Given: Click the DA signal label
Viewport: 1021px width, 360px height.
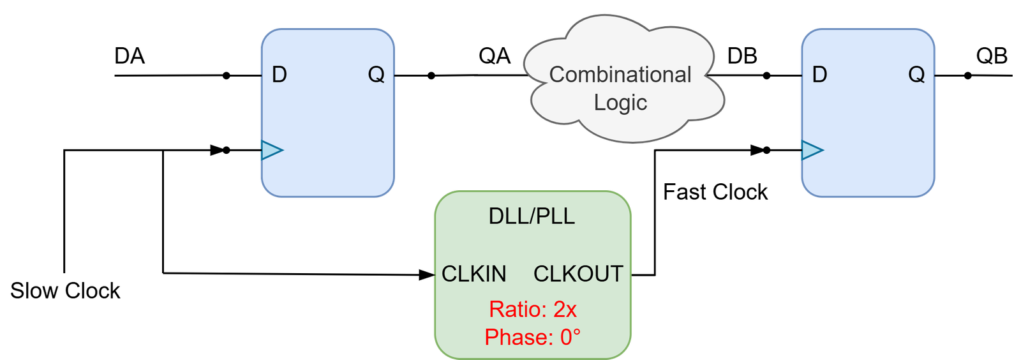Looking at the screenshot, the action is pos(130,56).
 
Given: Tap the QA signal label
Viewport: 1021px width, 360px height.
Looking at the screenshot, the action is pos(495,56).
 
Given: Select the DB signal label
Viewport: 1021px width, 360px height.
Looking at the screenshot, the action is pos(742,56).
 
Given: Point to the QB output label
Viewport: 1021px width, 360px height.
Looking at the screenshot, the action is pos(992,56).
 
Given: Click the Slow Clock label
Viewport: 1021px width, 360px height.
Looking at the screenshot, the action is pos(65,290).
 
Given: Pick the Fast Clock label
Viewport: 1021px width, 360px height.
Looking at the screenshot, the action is pos(715,192).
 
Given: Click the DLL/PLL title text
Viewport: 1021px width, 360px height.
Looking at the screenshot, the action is pos(532,216).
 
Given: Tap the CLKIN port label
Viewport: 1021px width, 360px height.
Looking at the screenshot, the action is pos(474,274).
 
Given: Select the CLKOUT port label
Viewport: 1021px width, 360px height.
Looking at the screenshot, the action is pos(578,274).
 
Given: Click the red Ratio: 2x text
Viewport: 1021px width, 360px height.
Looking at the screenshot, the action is pos(533,310).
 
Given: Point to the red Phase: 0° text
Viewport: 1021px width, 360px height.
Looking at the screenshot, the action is pos(532,338).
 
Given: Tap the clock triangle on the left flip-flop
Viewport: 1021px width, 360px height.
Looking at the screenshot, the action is pos(272,150).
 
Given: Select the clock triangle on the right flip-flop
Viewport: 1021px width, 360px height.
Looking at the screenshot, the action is pos(812,150).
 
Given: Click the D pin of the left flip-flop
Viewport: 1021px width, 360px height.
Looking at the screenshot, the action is pos(279,74).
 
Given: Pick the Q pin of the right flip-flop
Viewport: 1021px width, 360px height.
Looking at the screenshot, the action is pos(916,75).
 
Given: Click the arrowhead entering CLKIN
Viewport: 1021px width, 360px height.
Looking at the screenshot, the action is pos(427,274).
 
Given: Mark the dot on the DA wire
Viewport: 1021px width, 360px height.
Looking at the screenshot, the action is pos(226,76).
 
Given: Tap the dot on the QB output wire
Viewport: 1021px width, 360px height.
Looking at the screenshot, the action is pos(967,76).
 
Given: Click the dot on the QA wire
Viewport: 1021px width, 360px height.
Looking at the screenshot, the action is pos(431,76).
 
